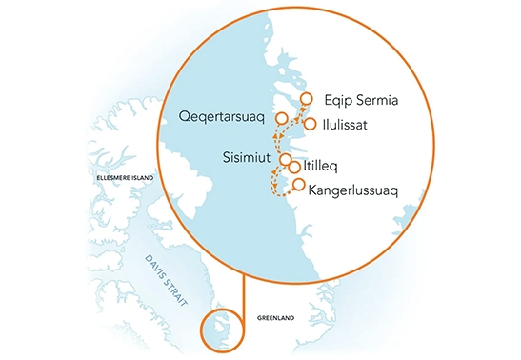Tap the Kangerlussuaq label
353,190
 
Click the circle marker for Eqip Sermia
307,97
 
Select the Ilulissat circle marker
310,124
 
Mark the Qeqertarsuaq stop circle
282,118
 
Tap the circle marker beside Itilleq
295,167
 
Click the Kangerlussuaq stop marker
299,185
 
